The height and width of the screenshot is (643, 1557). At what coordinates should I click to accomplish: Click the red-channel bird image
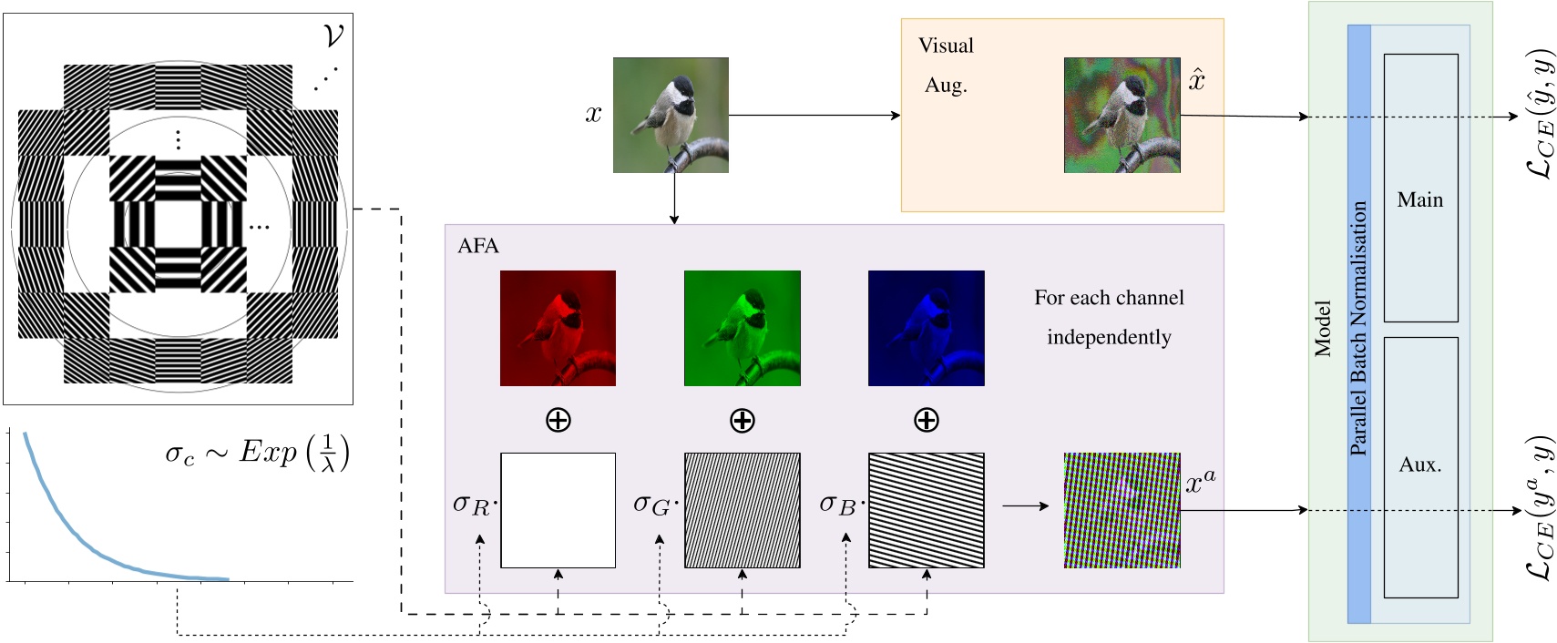[558, 328]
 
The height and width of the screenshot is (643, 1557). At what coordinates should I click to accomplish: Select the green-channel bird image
[742, 328]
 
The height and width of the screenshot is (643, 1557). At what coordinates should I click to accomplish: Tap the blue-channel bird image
[926, 328]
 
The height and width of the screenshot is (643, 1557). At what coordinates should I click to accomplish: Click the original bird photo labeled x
[671, 115]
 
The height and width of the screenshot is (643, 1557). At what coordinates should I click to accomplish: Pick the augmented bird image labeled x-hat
[1122, 115]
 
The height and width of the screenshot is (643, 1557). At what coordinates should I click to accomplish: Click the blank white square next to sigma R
[558, 510]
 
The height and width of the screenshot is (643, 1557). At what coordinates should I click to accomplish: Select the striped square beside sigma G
[742, 510]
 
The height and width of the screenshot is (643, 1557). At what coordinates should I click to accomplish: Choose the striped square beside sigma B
[926, 510]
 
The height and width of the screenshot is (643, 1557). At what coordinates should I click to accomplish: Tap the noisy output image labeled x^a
[1122, 510]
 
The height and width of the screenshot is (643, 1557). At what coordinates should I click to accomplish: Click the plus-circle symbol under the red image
[558, 420]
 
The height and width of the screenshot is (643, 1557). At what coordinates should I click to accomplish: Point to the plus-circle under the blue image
[926, 420]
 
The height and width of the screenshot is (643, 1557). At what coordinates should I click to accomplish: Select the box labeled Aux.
[1420, 466]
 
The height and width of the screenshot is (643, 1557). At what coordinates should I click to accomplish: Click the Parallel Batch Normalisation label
[1358, 328]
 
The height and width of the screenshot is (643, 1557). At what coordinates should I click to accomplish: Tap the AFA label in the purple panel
[478, 246]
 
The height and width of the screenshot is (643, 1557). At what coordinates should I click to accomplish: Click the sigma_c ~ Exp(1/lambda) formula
[257, 453]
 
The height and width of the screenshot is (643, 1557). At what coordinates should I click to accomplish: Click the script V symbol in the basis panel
[333, 36]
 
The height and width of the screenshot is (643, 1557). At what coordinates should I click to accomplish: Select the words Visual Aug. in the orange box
[946, 65]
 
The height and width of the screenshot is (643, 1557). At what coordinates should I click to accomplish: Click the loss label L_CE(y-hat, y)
[1540, 114]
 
